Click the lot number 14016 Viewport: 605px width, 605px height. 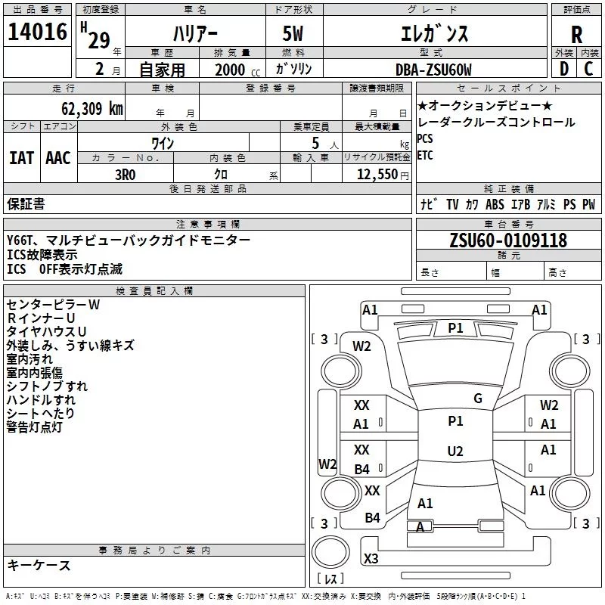coord(37,32)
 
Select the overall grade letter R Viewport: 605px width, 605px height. coord(576,35)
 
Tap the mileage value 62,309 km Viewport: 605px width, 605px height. coord(92,109)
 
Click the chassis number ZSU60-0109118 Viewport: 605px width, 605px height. coord(508,240)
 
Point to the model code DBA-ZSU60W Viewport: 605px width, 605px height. coord(433,70)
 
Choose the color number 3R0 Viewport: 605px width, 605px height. coord(126,175)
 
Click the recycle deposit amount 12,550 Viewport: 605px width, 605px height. coord(377,175)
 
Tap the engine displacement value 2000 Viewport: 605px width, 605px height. coord(230,70)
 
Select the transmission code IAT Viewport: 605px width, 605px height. coord(21,158)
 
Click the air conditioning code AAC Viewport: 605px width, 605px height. coord(58,158)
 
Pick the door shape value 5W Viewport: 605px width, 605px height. coord(293,33)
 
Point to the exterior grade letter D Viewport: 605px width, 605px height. coord(563,69)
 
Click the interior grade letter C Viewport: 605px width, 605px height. coord(588,69)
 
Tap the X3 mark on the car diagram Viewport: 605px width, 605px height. coord(371,558)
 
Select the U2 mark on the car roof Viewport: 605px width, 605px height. coord(455,451)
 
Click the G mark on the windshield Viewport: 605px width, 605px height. coord(478,398)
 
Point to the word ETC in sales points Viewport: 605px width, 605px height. coord(425,156)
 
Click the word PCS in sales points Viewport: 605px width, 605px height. coord(425,138)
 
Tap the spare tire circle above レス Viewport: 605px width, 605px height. coord(330,552)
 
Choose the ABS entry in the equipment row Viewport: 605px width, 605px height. coord(495,204)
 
